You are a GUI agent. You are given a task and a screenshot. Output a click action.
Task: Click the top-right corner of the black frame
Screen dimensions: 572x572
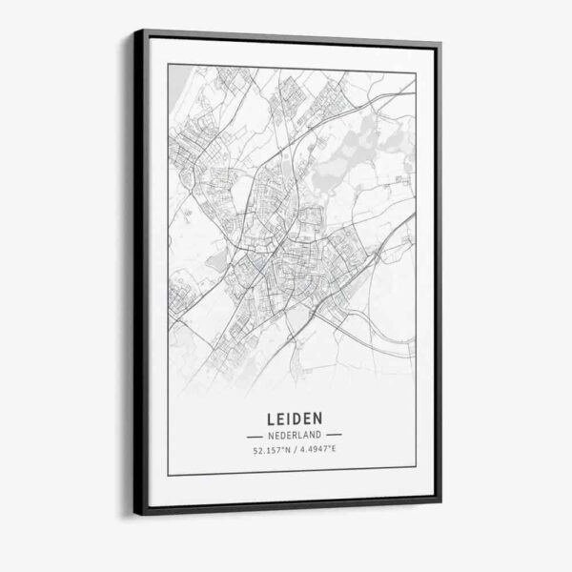tap(440, 44)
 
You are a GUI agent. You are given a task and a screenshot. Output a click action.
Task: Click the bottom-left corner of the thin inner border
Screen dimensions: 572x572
tap(168, 474)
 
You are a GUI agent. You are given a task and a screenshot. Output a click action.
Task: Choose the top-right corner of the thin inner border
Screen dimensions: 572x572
tap(416, 72)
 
